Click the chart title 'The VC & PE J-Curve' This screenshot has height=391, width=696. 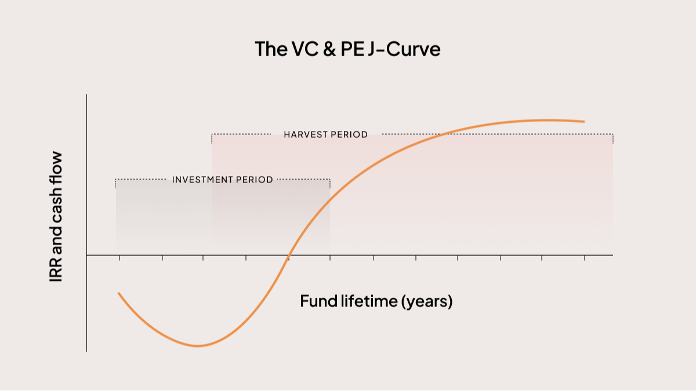point(347,49)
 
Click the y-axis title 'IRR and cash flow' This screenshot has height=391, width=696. point(56,217)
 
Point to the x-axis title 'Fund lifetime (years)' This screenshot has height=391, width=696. point(376,301)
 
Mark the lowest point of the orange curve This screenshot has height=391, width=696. point(198,346)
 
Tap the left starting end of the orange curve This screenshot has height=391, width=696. point(119,293)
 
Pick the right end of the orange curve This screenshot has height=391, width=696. point(583,122)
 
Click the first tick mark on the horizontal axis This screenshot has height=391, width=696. point(119,257)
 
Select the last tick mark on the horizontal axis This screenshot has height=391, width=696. point(584,257)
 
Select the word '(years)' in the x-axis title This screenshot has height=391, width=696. point(426,301)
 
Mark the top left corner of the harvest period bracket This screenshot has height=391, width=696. point(212,134)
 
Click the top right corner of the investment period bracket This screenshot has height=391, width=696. point(330,180)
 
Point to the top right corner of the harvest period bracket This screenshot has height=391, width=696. point(612,134)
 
